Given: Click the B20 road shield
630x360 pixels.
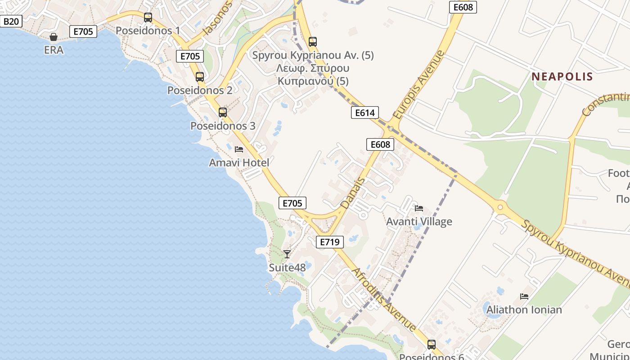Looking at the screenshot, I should click(x=11, y=21).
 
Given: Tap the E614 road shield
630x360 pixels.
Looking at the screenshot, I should click(x=364, y=112).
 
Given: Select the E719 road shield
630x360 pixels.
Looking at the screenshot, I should click(x=330, y=242).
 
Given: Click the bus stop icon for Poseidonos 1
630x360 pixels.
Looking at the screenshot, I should click(x=148, y=18).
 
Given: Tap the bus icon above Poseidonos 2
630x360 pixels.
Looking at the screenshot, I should click(x=200, y=77).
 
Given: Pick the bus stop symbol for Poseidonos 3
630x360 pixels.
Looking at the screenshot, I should click(x=223, y=112).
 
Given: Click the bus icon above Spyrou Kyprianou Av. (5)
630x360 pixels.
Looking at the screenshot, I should click(x=313, y=42).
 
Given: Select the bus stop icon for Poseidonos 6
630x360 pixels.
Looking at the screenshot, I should click(x=432, y=345).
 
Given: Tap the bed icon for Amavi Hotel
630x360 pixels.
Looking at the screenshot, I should click(x=239, y=149).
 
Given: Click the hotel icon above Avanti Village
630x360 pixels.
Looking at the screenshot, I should click(x=419, y=208).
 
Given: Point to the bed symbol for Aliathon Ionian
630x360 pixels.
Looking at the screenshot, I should click(x=524, y=297).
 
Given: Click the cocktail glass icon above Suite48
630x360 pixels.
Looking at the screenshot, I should click(x=287, y=254).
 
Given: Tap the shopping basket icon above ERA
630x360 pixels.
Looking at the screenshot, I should click(x=54, y=37).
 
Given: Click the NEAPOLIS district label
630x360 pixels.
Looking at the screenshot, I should click(x=562, y=76).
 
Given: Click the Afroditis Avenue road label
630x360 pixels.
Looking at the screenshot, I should click(x=383, y=299).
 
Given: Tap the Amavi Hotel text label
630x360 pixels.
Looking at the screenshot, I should click(x=239, y=162).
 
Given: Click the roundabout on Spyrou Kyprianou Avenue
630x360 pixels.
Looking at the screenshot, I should click(x=499, y=207).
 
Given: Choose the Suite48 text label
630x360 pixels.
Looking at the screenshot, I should click(x=287, y=268).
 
